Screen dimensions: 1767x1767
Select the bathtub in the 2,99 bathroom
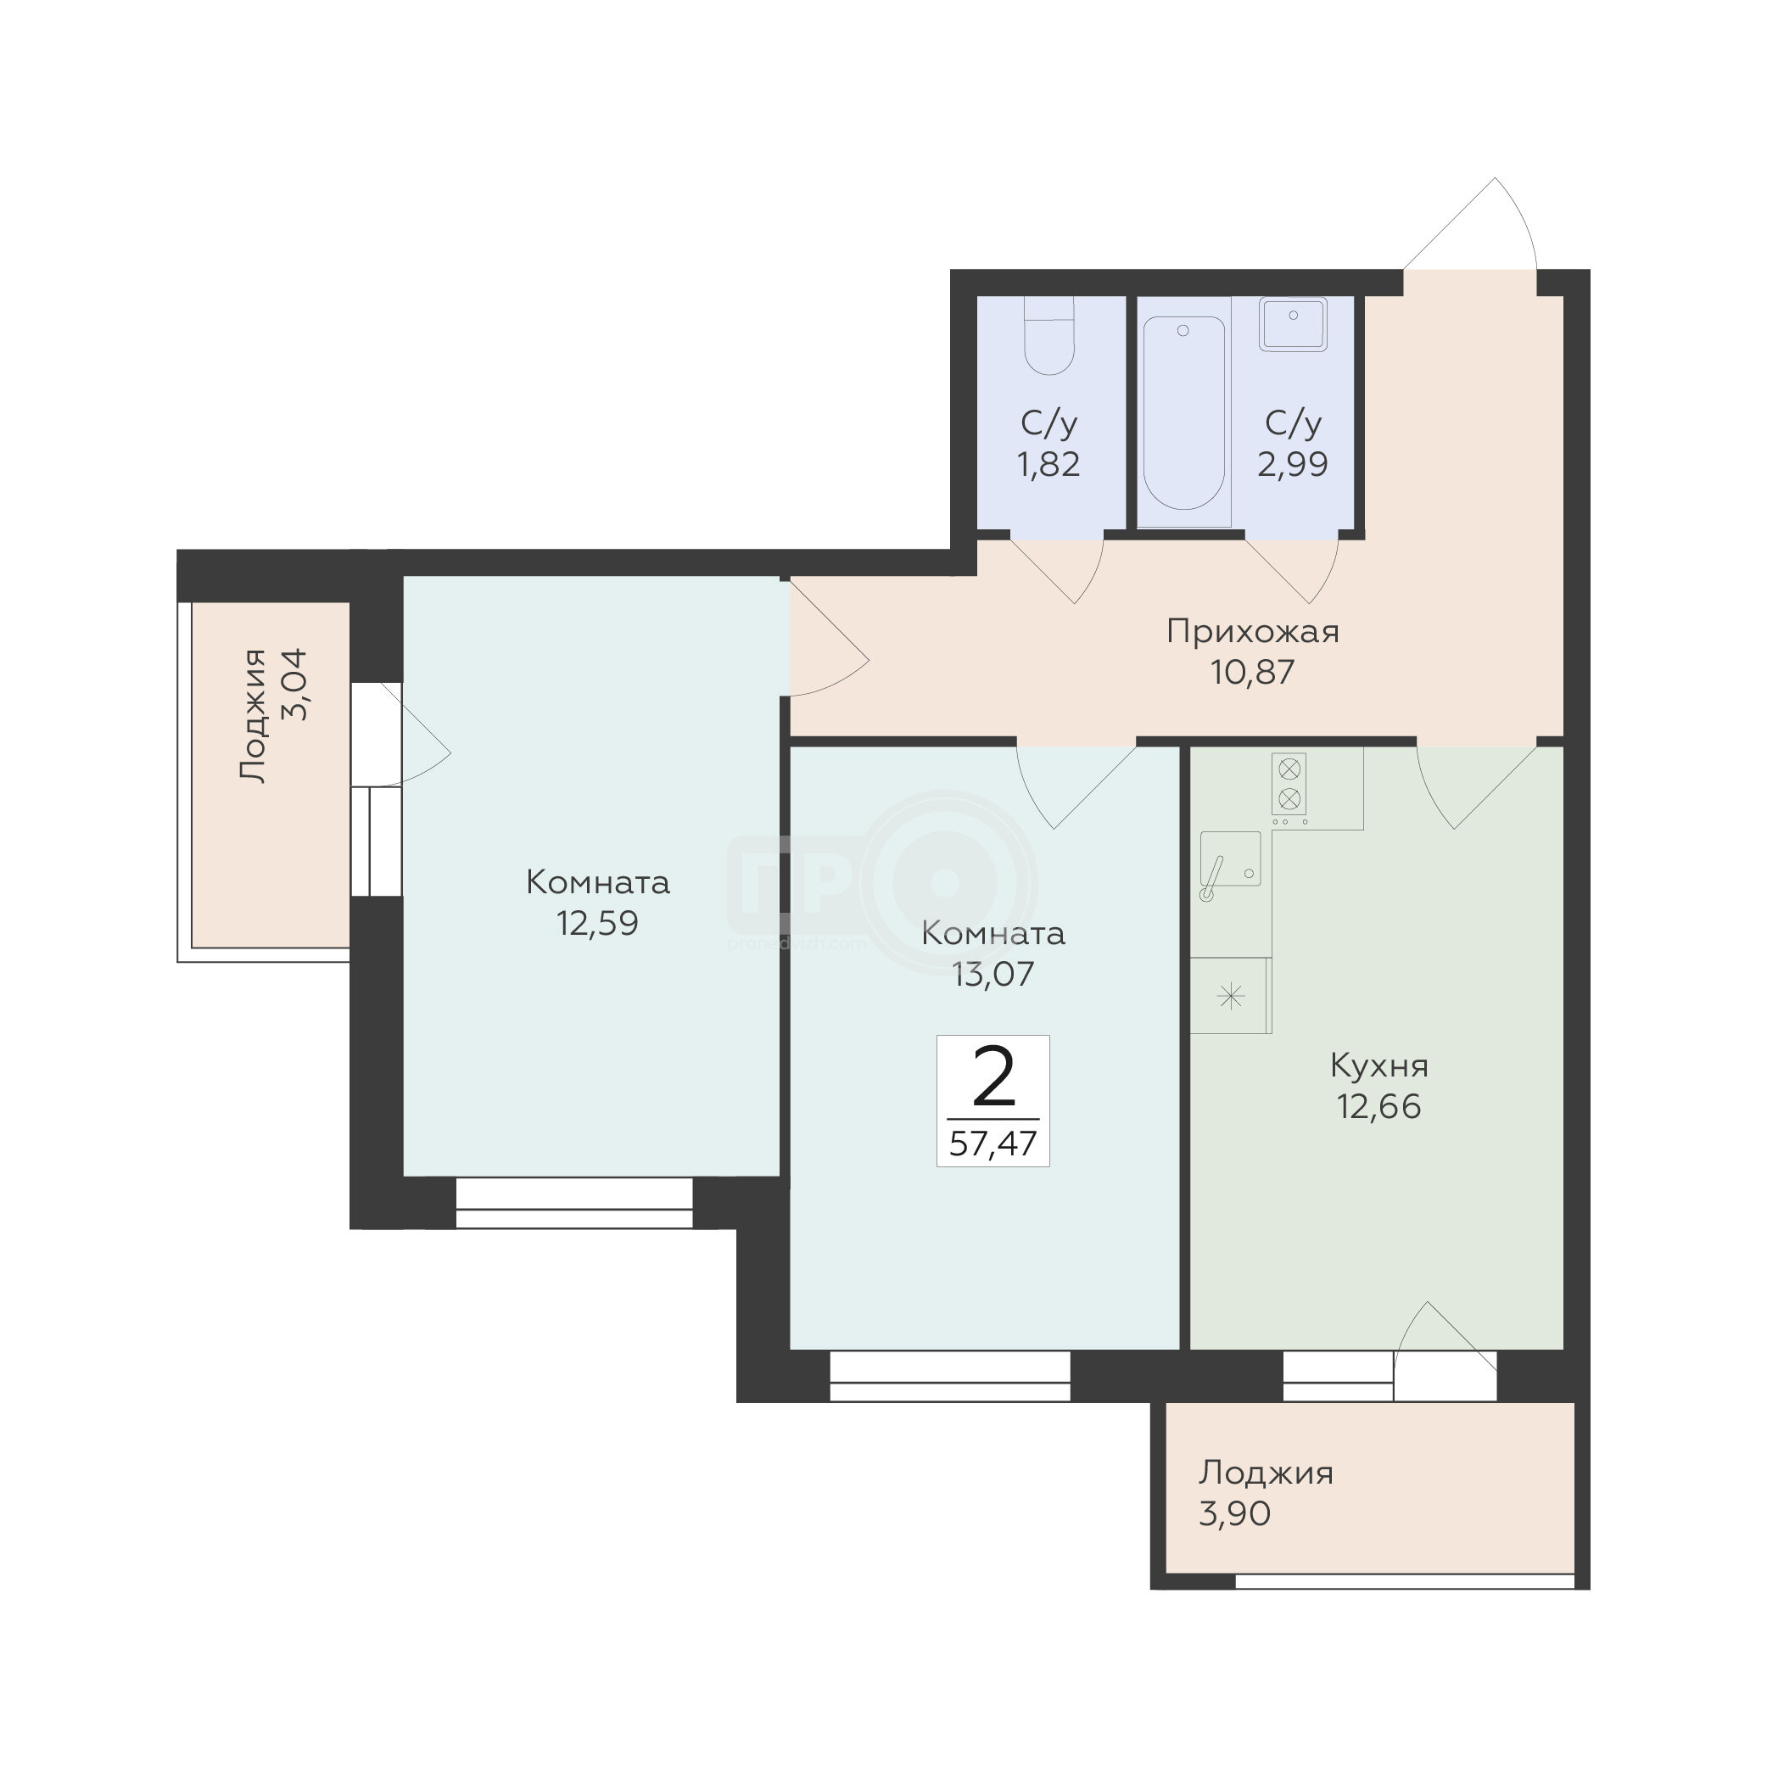point(1183,412)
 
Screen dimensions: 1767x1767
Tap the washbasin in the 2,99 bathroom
point(1292,325)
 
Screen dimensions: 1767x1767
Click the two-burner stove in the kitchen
point(1289,784)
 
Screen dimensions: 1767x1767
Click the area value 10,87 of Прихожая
point(1253,672)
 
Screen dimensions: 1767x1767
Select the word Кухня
point(1379,1065)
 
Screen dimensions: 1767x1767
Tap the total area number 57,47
point(993,1144)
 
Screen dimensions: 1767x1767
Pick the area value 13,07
point(993,974)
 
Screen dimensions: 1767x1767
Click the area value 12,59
point(598,923)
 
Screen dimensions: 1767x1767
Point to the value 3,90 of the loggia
point(1235,1513)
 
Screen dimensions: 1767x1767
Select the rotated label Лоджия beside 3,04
point(254,715)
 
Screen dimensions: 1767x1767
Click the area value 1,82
point(1049,464)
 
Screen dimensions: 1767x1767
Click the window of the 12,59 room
point(573,1203)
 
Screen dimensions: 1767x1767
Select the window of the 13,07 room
point(949,1377)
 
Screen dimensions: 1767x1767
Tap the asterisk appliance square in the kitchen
point(1231,996)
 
